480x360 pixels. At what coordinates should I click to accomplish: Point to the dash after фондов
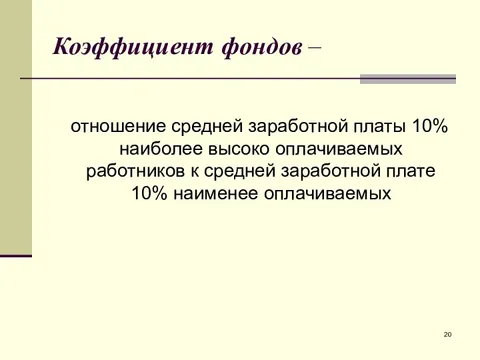click(x=316, y=46)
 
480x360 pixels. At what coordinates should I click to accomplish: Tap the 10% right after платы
click(x=429, y=128)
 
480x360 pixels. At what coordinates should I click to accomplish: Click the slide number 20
click(x=447, y=334)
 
